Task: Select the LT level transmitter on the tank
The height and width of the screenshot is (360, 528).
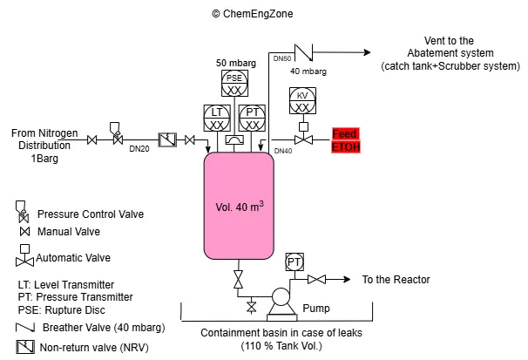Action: (215, 118)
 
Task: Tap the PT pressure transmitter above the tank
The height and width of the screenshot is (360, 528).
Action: (252, 118)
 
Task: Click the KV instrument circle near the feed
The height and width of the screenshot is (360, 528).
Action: (301, 100)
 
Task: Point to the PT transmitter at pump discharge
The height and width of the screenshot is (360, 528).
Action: (294, 262)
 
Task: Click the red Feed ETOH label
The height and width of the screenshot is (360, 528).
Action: (345, 140)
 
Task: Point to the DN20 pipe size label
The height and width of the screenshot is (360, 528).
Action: (139, 150)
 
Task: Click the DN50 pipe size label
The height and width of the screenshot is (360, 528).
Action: (282, 58)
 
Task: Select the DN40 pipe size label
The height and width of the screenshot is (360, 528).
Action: (283, 151)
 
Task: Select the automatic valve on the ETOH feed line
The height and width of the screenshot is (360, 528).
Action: (302, 139)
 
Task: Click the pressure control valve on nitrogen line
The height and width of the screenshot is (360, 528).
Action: (117, 138)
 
